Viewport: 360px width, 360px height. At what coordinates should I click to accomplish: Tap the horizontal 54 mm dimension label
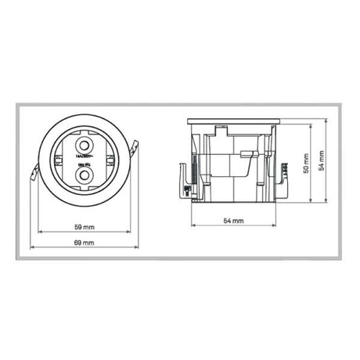pos(232,221)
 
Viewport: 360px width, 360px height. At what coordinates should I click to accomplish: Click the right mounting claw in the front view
pos(136,148)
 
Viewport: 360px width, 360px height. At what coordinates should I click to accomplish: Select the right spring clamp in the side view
pos(279,174)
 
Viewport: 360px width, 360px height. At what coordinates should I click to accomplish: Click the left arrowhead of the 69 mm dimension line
pos(31,249)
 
